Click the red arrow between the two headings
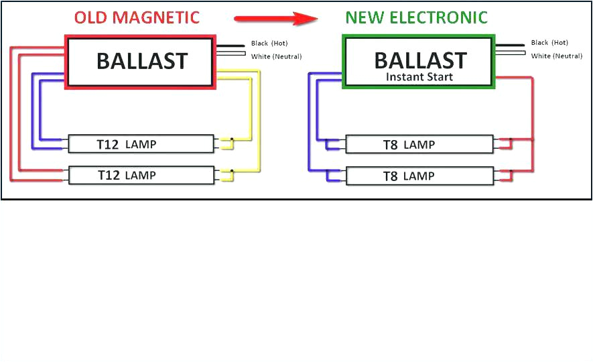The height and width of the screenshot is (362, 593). pyautogui.click(x=275, y=19)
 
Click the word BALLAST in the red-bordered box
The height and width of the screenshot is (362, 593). pyautogui.click(x=142, y=62)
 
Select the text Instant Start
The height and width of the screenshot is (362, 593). pyautogui.click(x=419, y=77)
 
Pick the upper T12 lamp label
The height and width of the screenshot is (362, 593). pyautogui.click(x=127, y=143)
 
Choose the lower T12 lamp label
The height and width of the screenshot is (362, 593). pyautogui.click(x=127, y=175)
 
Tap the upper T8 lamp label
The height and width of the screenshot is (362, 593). pyautogui.click(x=409, y=144)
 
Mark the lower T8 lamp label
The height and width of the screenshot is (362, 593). pyautogui.click(x=409, y=176)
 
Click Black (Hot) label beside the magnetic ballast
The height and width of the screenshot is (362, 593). pyautogui.click(x=269, y=44)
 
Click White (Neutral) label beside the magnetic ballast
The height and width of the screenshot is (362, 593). pyautogui.click(x=276, y=56)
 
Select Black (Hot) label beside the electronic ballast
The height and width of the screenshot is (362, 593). pyautogui.click(x=549, y=43)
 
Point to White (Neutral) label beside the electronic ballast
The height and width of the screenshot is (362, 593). pyautogui.click(x=556, y=56)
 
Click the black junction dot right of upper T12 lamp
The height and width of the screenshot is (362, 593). pyautogui.click(x=232, y=139)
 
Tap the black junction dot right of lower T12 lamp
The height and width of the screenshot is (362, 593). pyautogui.click(x=232, y=171)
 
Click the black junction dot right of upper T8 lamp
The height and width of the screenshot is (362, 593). pyautogui.click(x=510, y=140)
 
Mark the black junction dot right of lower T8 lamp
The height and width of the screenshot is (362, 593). pyautogui.click(x=510, y=172)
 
